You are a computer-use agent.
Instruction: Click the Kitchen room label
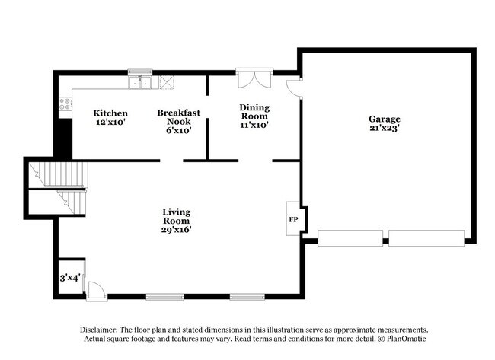pyautogui.click(x=110, y=113)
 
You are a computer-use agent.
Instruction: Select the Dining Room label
pyautogui.click(x=254, y=112)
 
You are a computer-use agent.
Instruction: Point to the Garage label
pyautogui.click(x=385, y=119)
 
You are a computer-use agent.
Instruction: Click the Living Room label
pyautogui.click(x=177, y=215)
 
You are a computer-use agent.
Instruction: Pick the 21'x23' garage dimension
pyautogui.click(x=385, y=129)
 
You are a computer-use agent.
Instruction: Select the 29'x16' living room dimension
pyautogui.click(x=177, y=228)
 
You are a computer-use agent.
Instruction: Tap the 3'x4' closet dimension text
pyautogui.click(x=70, y=278)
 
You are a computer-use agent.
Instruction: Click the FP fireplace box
pyautogui.click(x=293, y=219)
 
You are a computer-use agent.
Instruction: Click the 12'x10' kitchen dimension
pyautogui.click(x=110, y=122)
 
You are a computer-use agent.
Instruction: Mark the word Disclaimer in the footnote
pyautogui.click(x=102, y=329)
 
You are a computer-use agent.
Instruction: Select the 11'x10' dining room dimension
pyautogui.click(x=254, y=126)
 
